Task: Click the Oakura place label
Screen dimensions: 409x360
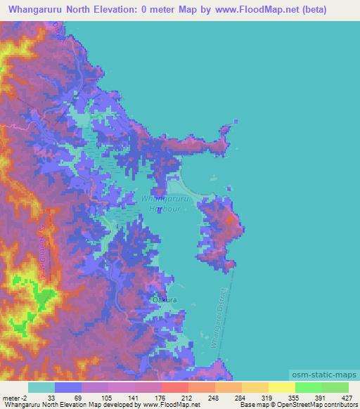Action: pos(164,299)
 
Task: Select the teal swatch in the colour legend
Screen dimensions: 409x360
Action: pos(41,387)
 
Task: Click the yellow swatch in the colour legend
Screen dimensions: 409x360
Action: pos(281,387)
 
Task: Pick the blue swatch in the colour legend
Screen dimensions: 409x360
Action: pos(68,387)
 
